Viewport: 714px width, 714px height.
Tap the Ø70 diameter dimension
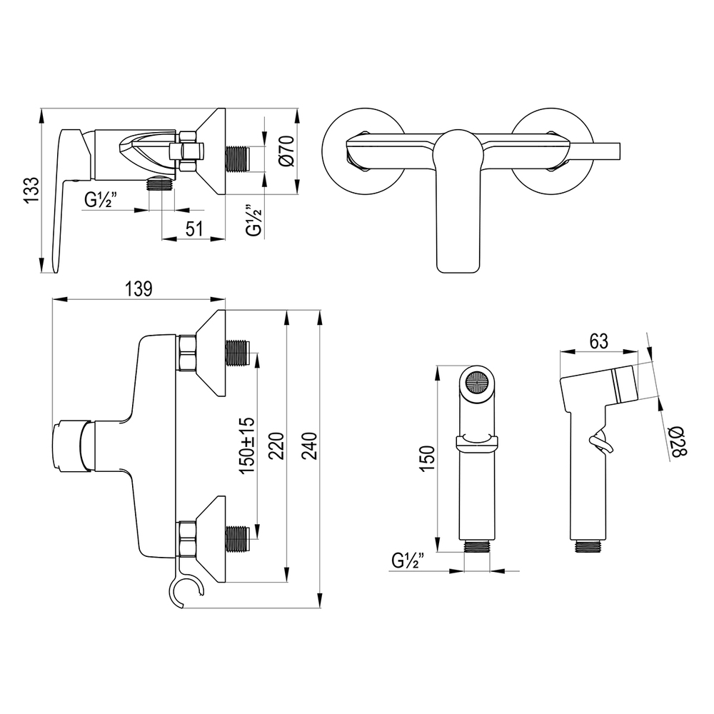[x=288, y=151]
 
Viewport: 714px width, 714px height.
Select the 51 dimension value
[x=194, y=228]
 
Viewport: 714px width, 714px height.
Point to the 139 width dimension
[x=139, y=288]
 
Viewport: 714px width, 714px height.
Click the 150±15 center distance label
[x=247, y=445]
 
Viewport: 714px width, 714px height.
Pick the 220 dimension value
[x=276, y=446]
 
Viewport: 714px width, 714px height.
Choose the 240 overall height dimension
[x=309, y=446]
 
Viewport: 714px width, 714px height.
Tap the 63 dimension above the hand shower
[x=598, y=341]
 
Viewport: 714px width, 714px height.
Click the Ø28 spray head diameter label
[x=678, y=441]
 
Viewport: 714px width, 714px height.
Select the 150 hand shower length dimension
[x=427, y=458]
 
